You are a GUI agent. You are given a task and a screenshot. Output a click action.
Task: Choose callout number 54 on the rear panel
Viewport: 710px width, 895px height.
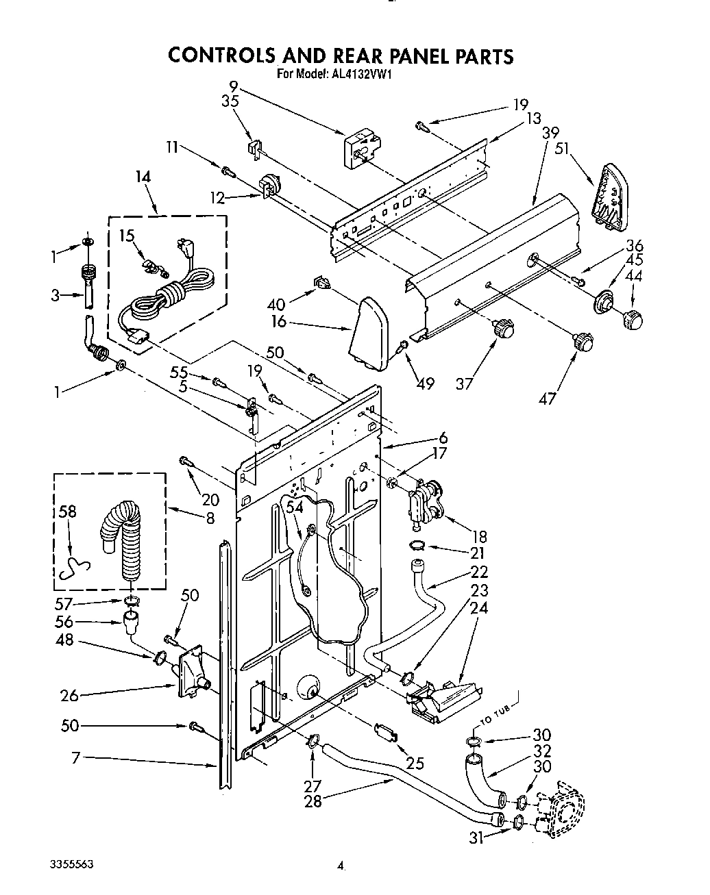[x=274, y=507]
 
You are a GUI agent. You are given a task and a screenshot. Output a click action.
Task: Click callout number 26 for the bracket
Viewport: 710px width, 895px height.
[x=69, y=695]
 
